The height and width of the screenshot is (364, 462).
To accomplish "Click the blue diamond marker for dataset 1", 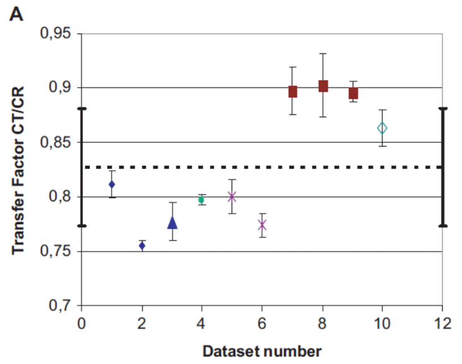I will click(112, 184).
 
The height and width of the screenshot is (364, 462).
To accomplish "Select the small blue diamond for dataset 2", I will click(142, 246).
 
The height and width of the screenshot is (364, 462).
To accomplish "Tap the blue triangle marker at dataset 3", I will click(172, 223).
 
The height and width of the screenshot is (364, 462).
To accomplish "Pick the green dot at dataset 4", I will click(201, 200).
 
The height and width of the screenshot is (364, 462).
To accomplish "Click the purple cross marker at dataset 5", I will click(232, 196).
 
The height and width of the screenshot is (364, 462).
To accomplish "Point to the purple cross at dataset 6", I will click(262, 224).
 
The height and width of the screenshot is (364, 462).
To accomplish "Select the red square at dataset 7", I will click(292, 92).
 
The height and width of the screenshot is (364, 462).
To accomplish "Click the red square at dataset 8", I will click(323, 86).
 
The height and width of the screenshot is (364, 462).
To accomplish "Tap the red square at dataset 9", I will click(353, 93).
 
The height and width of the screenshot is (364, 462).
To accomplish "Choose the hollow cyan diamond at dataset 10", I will click(383, 128).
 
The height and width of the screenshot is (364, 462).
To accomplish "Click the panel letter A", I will click(17, 14).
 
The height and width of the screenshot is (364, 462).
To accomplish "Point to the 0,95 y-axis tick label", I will click(56, 33).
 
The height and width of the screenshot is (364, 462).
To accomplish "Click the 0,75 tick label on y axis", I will click(56, 252).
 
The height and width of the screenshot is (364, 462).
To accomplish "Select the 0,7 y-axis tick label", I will click(60, 306).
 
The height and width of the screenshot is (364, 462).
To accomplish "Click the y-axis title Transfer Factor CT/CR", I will click(19, 169).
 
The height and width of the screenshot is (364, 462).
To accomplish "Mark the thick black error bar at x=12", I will click(442, 167).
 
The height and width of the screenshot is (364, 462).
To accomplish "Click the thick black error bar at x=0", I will click(81, 167).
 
